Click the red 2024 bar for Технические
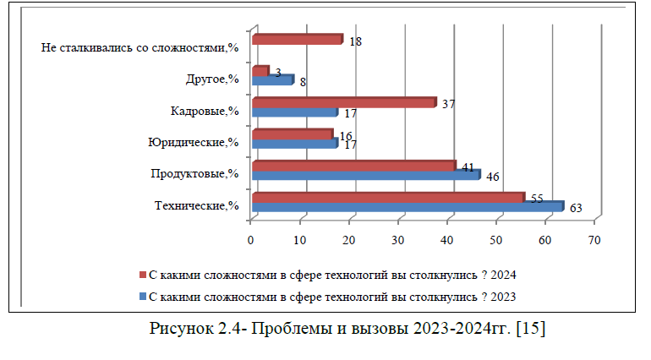(x=387, y=197)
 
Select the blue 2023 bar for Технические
(x=406, y=207)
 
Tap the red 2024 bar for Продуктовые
(x=353, y=166)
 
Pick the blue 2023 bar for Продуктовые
(x=365, y=176)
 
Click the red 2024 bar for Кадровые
(x=343, y=102)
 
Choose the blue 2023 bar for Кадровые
(x=293, y=112)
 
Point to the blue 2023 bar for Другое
(x=271, y=80)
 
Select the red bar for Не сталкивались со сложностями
(x=296, y=39)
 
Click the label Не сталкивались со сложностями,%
(x=140, y=47)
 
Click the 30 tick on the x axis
(x=398, y=240)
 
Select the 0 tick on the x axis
(x=251, y=240)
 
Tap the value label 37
(x=448, y=104)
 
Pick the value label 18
(x=356, y=41)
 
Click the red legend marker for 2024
(x=142, y=276)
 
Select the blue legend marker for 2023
(x=142, y=296)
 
